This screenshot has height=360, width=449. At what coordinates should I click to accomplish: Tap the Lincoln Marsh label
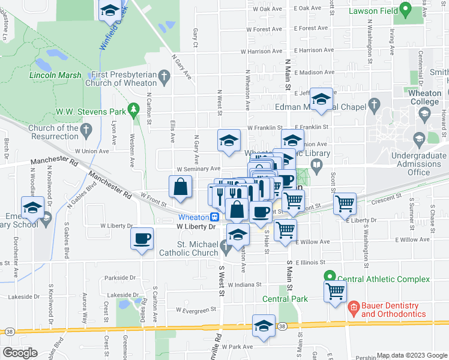[x=55, y=76]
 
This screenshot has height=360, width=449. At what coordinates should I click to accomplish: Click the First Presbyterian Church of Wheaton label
[x=124, y=79]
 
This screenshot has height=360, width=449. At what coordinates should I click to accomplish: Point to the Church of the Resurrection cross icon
[x=86, y=128]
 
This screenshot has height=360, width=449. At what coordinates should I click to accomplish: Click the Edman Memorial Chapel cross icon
[x=374, y=105]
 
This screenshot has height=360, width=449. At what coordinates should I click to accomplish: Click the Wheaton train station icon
[x=214, y=217]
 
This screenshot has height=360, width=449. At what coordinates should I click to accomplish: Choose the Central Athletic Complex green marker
[x=329, y=277]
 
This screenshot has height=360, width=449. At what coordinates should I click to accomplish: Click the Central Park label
[x=285, y=299]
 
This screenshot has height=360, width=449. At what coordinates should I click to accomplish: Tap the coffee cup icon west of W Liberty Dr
[x=142, y=238]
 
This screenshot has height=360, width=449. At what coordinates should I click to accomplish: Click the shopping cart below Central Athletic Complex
[x=335, y=292]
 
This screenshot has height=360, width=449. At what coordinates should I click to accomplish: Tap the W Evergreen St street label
[x=196, y=310]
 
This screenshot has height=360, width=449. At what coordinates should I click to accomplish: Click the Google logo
[x=20, y=353]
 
